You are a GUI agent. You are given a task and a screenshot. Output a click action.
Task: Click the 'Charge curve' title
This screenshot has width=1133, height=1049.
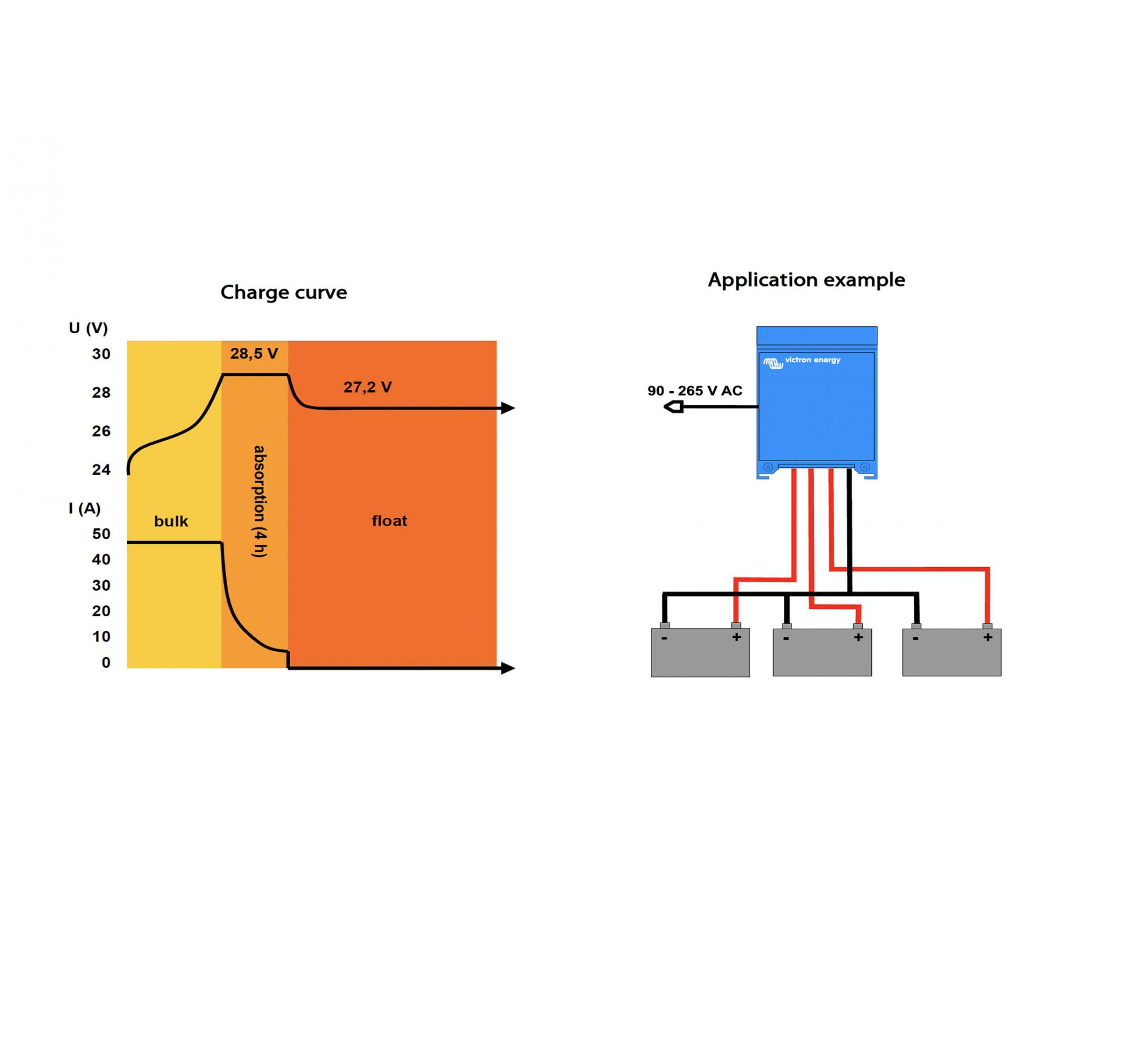283,292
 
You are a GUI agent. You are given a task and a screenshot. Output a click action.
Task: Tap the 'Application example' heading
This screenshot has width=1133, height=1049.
806,280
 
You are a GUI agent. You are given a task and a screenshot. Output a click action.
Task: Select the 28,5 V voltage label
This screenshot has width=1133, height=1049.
254,353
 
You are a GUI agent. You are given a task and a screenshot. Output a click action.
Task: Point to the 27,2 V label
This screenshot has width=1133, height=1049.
367,387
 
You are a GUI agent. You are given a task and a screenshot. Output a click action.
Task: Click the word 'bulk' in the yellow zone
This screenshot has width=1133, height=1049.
171,521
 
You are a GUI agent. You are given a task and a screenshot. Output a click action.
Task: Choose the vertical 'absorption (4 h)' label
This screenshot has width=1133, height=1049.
259,501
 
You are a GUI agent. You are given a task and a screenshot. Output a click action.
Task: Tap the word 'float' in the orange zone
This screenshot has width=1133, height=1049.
389,521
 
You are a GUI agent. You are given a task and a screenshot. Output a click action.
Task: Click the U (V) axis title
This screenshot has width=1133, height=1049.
88,328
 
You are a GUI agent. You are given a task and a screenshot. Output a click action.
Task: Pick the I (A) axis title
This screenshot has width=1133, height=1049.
84,508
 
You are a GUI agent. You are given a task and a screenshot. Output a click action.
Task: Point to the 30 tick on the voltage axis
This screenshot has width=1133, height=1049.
101,353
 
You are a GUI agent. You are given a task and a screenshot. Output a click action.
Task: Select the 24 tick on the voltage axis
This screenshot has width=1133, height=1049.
101,470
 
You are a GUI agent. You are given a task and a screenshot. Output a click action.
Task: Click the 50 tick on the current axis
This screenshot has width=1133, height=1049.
101,534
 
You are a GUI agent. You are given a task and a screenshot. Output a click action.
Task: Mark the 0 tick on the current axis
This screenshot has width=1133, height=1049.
106,663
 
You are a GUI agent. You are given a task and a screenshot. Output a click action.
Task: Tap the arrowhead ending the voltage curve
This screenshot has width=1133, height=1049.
508,408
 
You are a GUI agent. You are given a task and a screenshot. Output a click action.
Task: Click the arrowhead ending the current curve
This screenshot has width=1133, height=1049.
508,668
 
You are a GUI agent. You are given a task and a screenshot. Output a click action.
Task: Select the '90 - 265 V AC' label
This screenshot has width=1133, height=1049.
695,390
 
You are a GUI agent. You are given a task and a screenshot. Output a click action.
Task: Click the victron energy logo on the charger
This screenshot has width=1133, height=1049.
802,361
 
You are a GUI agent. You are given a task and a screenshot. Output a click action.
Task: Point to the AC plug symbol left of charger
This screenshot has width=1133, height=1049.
674,407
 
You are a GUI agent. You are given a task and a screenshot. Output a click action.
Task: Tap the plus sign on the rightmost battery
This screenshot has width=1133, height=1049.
987,637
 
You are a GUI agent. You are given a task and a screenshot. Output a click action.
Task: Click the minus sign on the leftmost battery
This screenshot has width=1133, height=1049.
664,638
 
